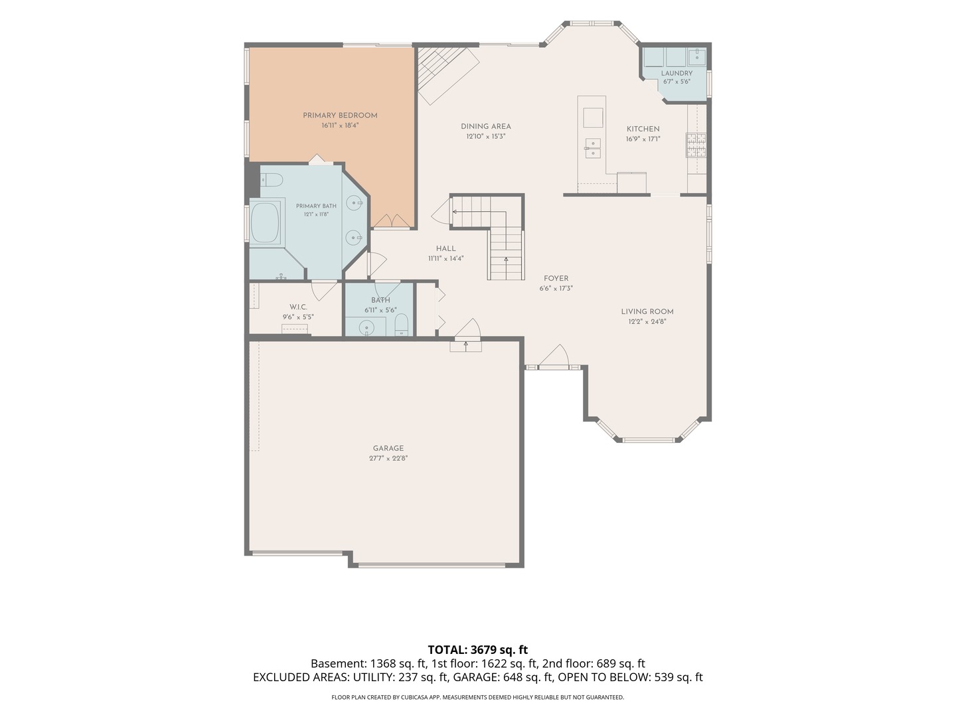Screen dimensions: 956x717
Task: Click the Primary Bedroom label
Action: coord(340,116)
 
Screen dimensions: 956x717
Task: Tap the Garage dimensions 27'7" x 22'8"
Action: coord(388,458)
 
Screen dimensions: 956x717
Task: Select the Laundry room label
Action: coord(677,73)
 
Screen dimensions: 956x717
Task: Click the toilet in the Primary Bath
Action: coord(272,179)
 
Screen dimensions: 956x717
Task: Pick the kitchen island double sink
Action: coord(593,148)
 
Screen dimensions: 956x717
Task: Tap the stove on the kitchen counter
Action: coord(696,145)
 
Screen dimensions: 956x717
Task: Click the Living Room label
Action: coord(647,311)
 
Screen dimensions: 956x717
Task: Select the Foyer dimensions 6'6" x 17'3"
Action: coord(556,288)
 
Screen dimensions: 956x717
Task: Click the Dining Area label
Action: coord(485,126)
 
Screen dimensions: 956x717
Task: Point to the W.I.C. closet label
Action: coord(298,307)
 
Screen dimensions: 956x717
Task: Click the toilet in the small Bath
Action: coord(401,325)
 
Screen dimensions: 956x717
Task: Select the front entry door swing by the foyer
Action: coord(554,357)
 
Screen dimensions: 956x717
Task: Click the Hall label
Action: coord(445,248)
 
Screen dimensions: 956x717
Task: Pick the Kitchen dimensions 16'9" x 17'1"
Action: coord(643,139)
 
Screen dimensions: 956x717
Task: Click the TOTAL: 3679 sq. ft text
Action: coord(478,650)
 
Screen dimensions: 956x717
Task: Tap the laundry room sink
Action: coord(697,56)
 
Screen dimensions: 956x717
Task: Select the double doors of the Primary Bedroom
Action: coord(392,220)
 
